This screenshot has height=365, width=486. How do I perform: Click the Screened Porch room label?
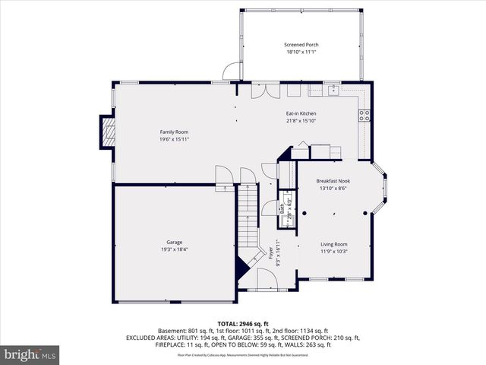pyautogui.click(x=301, y=45)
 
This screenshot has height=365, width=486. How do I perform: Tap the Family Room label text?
pyautogui.click(x=173, y=132)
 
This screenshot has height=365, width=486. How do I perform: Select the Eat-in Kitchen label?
pyautogui.click(x=301, y=113)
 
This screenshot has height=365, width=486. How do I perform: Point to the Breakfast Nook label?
pyautogui.click(x=333, y=181)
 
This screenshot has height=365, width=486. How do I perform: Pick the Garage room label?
pyautogui.click(x=174, y=242)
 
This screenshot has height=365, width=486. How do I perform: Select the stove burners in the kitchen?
pyautogui.click(x=364, y=116)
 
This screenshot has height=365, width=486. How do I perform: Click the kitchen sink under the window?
pyautogui.click(x=333, y=90)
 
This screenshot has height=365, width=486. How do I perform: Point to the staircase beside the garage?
pyautogui.click(x=248, y=221)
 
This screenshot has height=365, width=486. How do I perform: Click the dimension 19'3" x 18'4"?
pyautogui.click(x=174, y=249)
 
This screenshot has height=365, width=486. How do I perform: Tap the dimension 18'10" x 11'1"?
pyautogui.click(x=301, y=52)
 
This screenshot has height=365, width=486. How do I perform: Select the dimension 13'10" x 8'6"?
pyautogui.click(x=333, y=189)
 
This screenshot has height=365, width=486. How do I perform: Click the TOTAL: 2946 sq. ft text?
pyautogui.click(x=243, y=324)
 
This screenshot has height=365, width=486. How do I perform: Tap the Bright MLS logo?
pyautogui.click(x=30, y=354)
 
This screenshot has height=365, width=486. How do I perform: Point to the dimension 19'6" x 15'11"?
pyautogui.click(x=173, y=139)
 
